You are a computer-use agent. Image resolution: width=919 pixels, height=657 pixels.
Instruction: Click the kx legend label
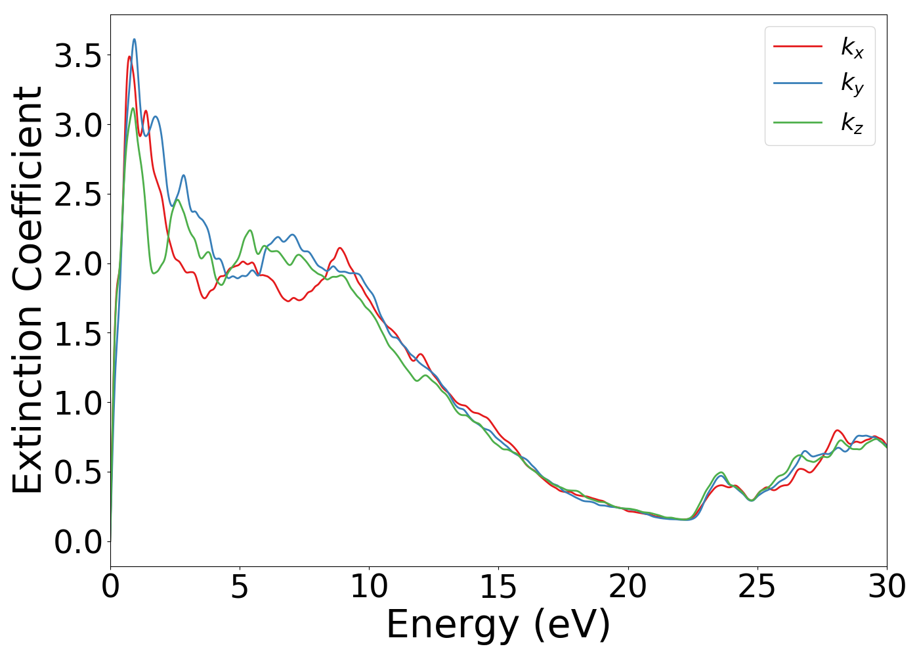852,47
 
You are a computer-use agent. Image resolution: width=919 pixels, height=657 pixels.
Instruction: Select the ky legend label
852,85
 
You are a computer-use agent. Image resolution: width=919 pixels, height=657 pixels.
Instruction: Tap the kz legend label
852,123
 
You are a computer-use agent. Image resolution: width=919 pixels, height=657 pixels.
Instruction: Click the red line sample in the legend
798,46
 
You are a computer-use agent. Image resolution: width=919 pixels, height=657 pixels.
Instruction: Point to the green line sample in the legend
798,122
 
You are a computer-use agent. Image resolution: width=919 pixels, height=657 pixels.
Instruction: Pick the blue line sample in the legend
798,83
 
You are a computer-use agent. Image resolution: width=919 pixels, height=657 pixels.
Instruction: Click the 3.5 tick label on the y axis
77,57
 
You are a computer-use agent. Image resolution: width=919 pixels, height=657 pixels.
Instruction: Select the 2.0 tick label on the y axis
77,264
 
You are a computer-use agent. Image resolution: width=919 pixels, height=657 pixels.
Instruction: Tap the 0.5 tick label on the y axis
77,472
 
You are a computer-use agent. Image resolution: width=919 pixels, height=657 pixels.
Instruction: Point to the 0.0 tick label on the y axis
77,543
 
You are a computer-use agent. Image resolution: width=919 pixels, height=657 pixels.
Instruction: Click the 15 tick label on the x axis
498,587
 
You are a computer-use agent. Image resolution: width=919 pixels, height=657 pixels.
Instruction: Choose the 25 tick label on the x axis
757,587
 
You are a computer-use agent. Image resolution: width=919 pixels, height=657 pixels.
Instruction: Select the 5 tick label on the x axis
240,587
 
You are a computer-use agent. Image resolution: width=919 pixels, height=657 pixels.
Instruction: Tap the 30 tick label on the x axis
886,587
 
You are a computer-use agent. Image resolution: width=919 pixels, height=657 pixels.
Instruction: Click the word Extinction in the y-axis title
28,394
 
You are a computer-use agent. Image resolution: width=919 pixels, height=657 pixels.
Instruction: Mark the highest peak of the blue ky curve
134,39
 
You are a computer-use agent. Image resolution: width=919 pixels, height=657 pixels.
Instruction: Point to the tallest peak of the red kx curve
129,57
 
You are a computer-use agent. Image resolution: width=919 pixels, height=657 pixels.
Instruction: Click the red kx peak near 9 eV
339,248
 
